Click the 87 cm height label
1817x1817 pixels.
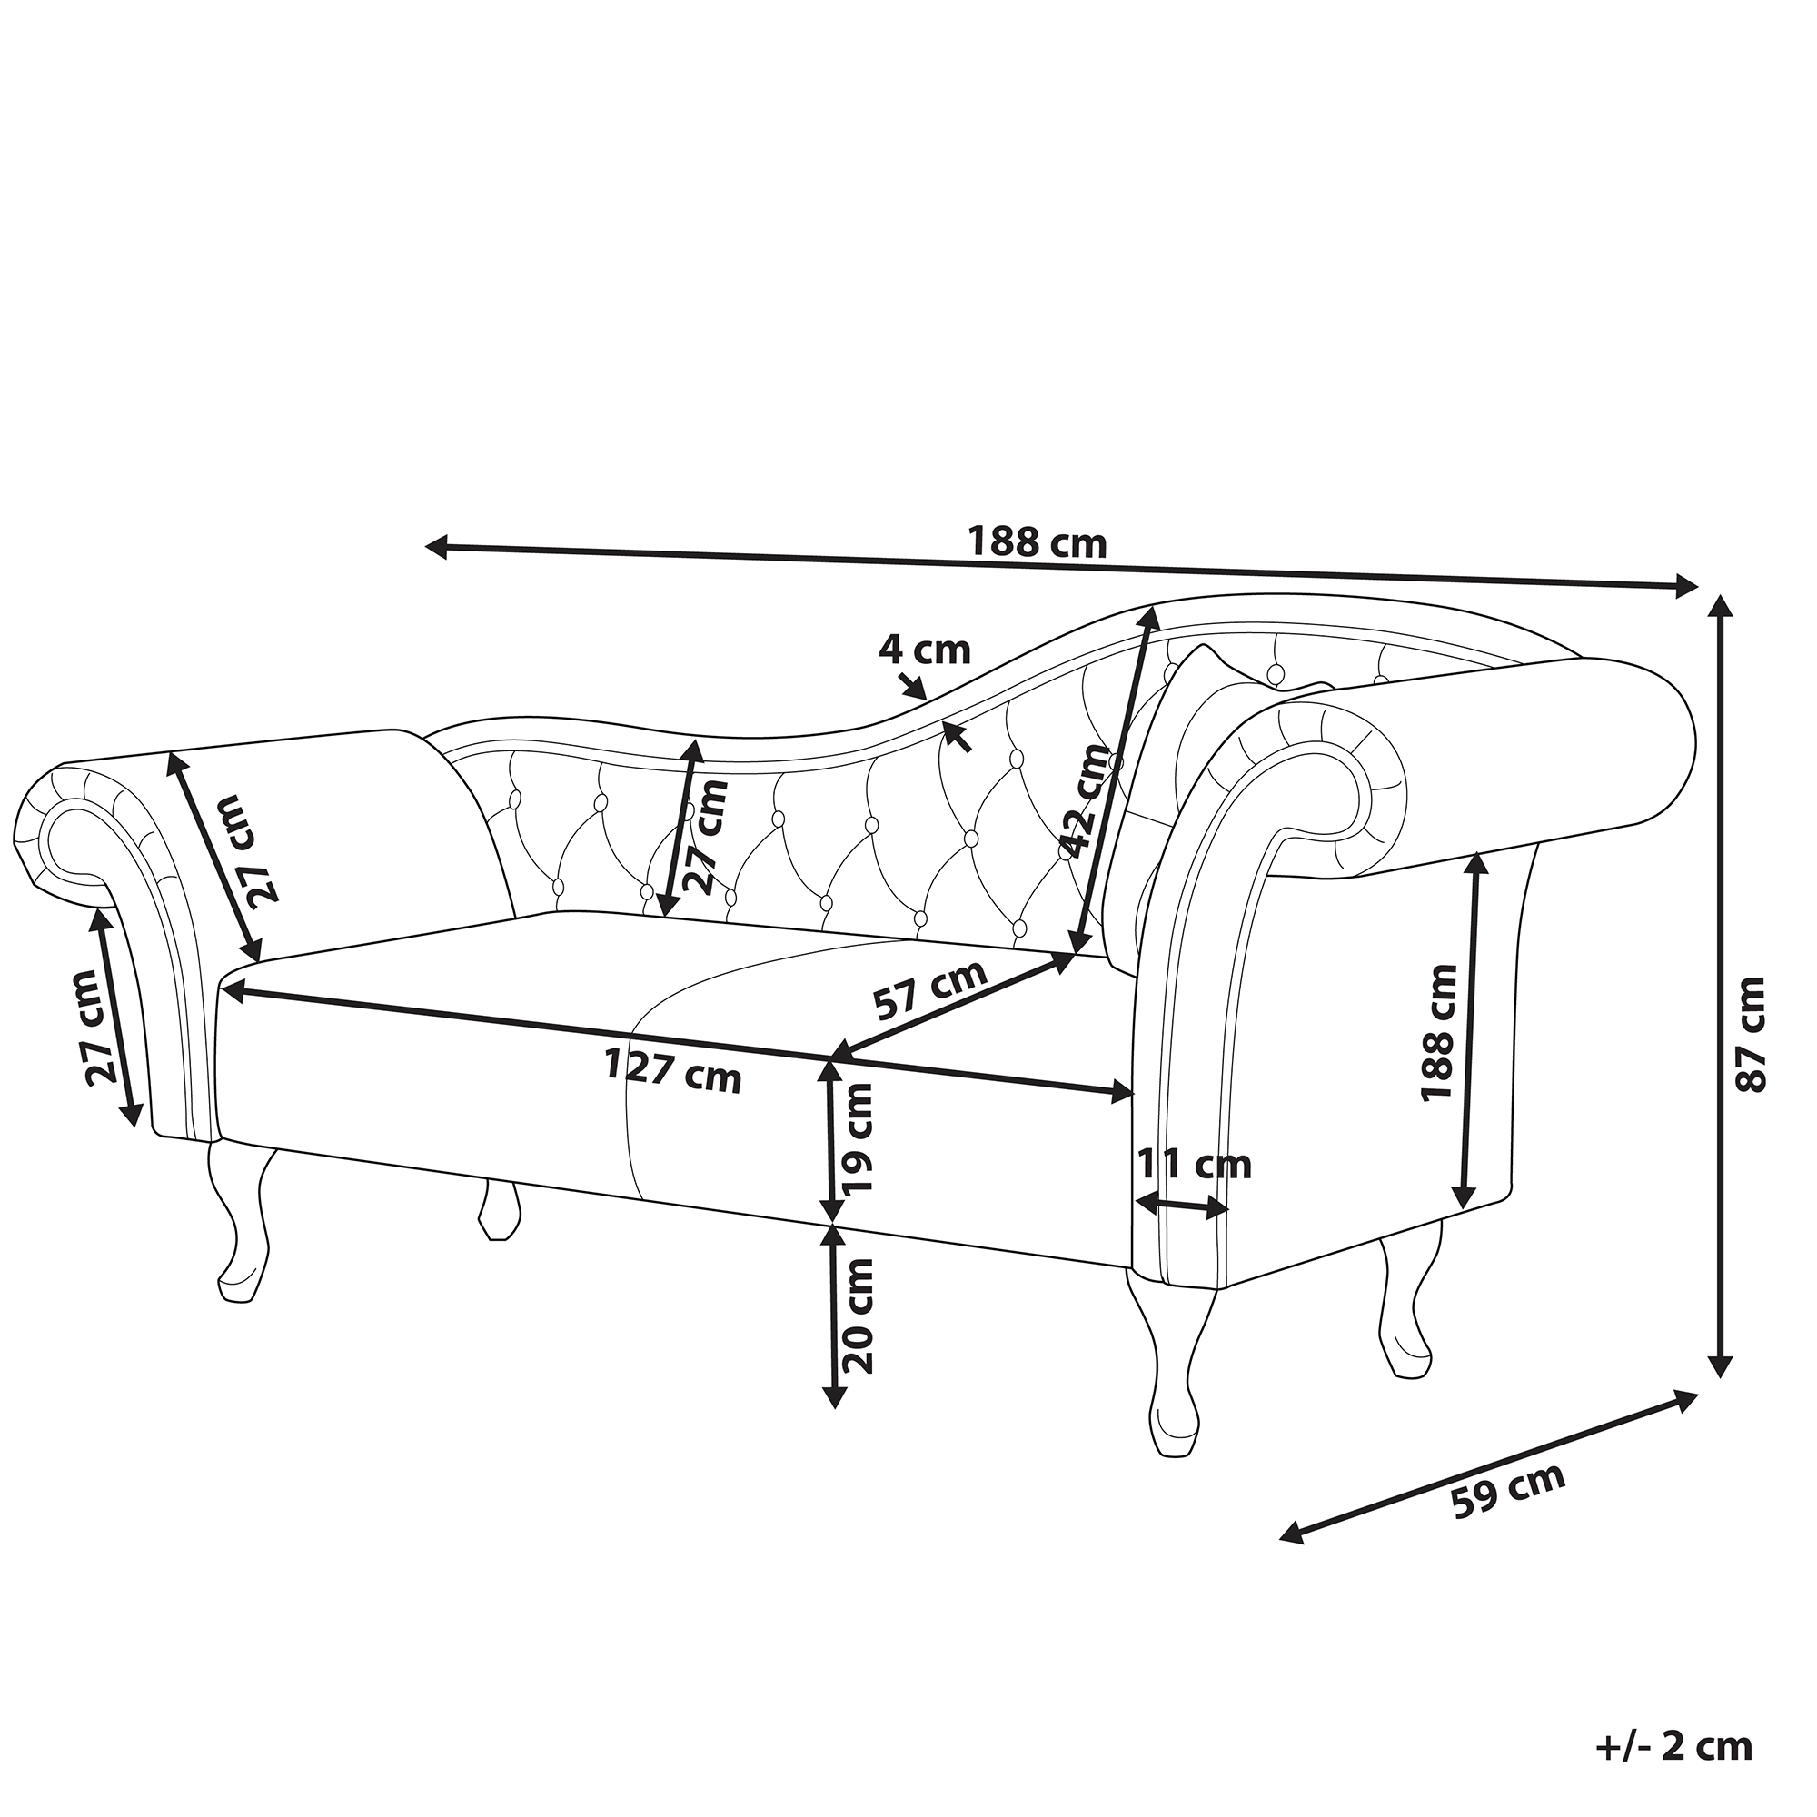coord(1751,1035)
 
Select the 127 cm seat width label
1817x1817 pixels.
coord(672,1070)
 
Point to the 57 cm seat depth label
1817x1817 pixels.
coord(931,989)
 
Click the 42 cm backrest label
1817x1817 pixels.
coord(1088,799)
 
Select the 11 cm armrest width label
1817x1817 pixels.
coord(1195,1166)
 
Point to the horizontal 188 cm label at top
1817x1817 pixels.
coord(1038,542)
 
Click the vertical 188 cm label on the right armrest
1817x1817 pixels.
coord(1438,1032)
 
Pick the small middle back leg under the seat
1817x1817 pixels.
coord(500,1210)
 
